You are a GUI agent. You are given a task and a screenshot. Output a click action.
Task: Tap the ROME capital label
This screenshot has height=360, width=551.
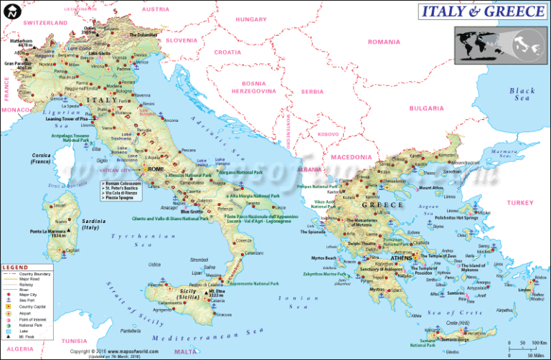(x=156, y=169)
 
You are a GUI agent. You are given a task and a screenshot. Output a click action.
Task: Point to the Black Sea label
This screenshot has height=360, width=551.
(x=522, y=95)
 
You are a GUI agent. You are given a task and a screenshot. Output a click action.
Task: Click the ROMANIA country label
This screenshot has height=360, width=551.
(x=384, y=42)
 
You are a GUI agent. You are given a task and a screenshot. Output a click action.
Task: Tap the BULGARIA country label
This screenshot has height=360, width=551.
(x=427, y=108)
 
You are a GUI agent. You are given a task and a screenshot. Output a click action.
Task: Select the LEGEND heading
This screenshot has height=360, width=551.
(x=15, y=267)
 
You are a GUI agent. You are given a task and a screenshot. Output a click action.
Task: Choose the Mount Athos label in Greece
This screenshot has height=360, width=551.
(x=431, y=189)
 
